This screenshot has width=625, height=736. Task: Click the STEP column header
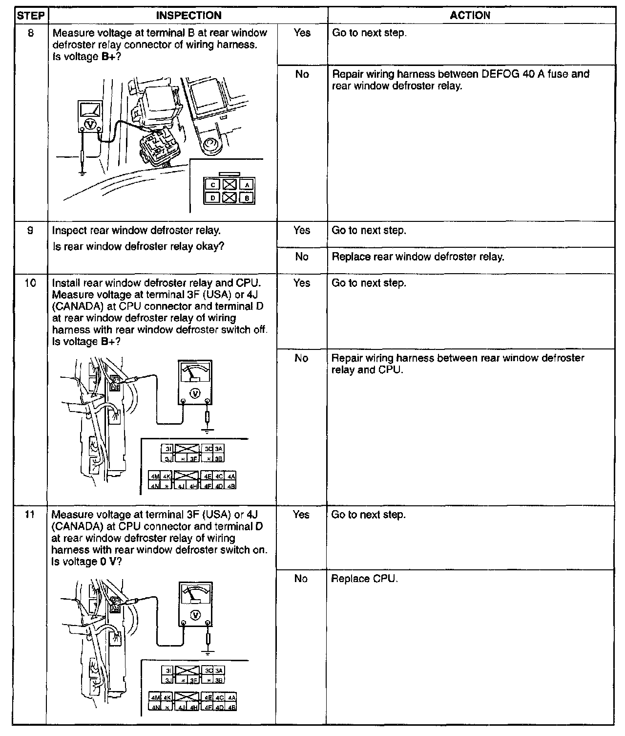tap(30, 16)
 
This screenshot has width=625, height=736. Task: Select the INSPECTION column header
tap(188, 16)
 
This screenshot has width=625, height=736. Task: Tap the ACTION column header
tap(470, 16)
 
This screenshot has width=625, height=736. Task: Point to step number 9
tap(30, 230)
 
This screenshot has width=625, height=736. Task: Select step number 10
tap(30, 283)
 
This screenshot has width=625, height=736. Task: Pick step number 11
tap(30, 515)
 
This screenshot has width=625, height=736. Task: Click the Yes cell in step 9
tap(302, 230)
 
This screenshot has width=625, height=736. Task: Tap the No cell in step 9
tap(302, 257)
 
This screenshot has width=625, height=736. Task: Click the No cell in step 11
tap(301, 579)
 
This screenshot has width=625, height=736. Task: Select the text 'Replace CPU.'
tap(365, 579)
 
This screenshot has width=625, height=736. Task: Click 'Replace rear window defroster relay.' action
tap(417, 257)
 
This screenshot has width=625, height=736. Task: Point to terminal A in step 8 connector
tap(248, 185)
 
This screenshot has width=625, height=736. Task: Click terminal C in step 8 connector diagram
tap(213, 185)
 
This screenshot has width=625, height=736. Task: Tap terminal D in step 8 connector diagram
tap(213, 198)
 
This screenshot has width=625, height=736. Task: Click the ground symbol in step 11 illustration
tap(208, 652)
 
